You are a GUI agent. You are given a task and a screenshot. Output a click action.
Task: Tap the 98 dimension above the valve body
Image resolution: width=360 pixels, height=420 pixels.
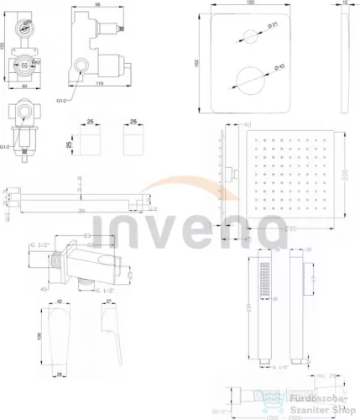(x=97, y=6)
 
